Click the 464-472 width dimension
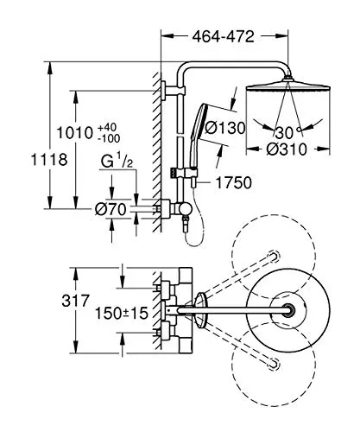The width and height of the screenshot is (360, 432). click(x=224, y=36)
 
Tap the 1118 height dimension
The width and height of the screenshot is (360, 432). click(x=49, y=159)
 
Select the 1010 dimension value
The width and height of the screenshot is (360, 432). click(x=75, y=133)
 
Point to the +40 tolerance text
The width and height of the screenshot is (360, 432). click(x=107, y=127)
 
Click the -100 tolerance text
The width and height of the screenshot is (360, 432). click(x=109, y=138)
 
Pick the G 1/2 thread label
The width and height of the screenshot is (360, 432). click(x=117, y=162)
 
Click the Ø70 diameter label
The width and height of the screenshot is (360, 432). click(x=111, y=209)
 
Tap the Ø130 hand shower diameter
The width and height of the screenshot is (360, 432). click(x=224, y=128)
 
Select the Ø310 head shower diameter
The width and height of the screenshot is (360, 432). click(x=287, y=149)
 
